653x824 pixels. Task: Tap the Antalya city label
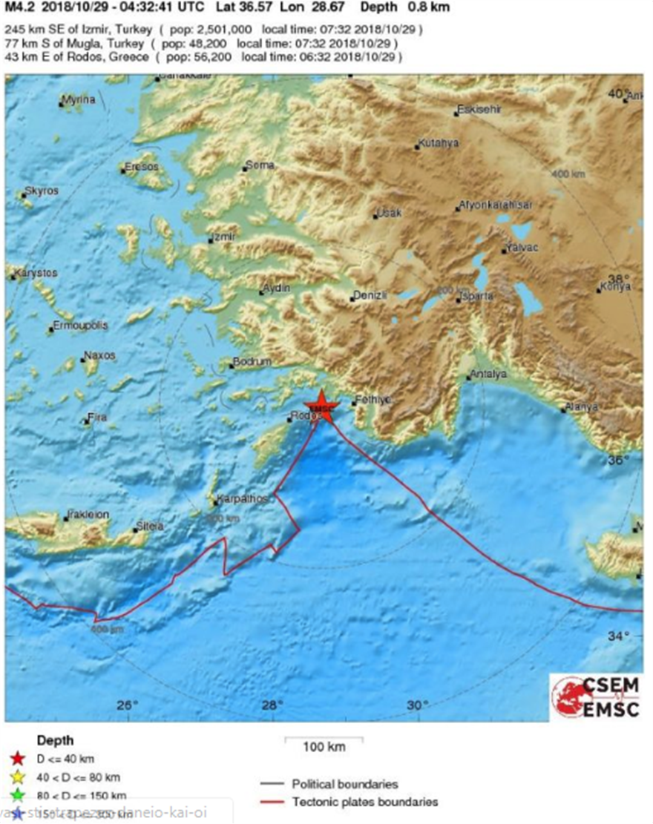point(490,375)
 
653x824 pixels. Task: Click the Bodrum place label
point(252,362)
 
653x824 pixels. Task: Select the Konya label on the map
point(614,287)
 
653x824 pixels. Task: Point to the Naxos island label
point(100,356)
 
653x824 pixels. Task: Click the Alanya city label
point(582,406)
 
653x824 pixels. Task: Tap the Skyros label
point(42,191)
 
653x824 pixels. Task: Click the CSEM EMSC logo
point(597,697)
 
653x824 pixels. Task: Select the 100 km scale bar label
point(324,747)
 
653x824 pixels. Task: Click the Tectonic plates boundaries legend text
point(364,802)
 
